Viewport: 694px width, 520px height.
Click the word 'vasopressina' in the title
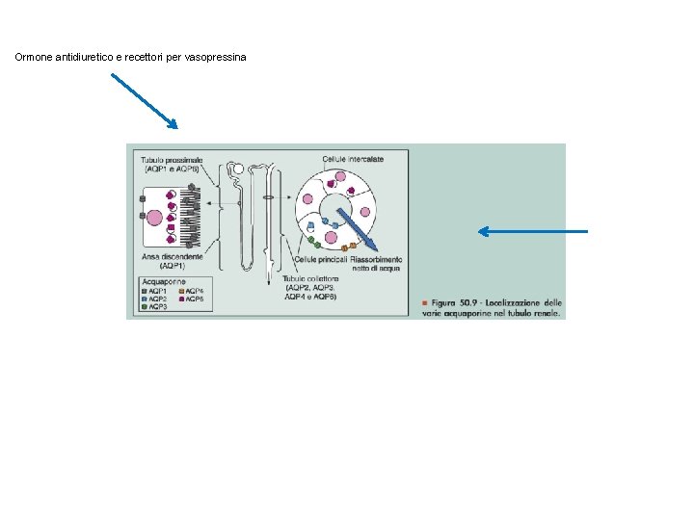217,58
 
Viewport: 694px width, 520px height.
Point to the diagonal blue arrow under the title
145,100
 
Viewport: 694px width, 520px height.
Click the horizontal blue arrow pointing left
533,231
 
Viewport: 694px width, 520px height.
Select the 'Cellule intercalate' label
353,159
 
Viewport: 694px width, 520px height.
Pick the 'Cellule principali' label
319,260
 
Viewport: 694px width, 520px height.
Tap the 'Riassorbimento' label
377,260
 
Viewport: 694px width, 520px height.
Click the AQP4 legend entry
193,291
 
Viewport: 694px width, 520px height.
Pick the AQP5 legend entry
193,299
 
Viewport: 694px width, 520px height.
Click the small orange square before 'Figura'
424,304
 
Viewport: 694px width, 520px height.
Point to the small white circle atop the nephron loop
238,169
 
